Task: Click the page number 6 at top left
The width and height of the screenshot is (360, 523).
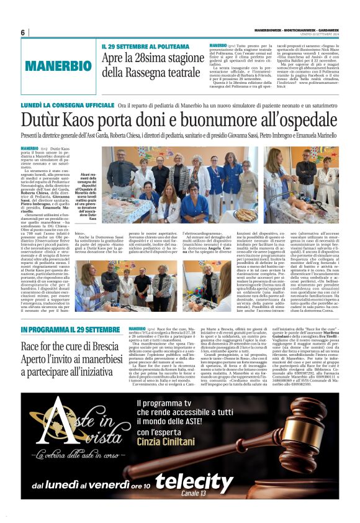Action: [23, 32]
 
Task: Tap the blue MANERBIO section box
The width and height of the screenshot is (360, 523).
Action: [59, 66]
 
